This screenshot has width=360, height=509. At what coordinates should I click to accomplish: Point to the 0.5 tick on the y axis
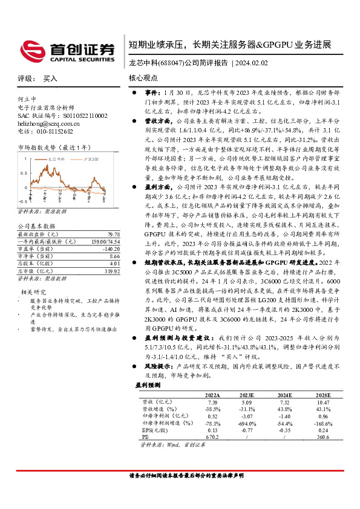23,172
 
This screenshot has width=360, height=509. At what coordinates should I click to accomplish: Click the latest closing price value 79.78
113,234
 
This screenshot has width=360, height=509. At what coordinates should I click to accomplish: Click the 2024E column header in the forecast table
285,394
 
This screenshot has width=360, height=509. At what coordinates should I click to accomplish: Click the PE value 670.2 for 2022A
212,437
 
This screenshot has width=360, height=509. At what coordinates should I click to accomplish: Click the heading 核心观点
143,79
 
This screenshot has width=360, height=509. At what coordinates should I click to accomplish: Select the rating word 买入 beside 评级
51,79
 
